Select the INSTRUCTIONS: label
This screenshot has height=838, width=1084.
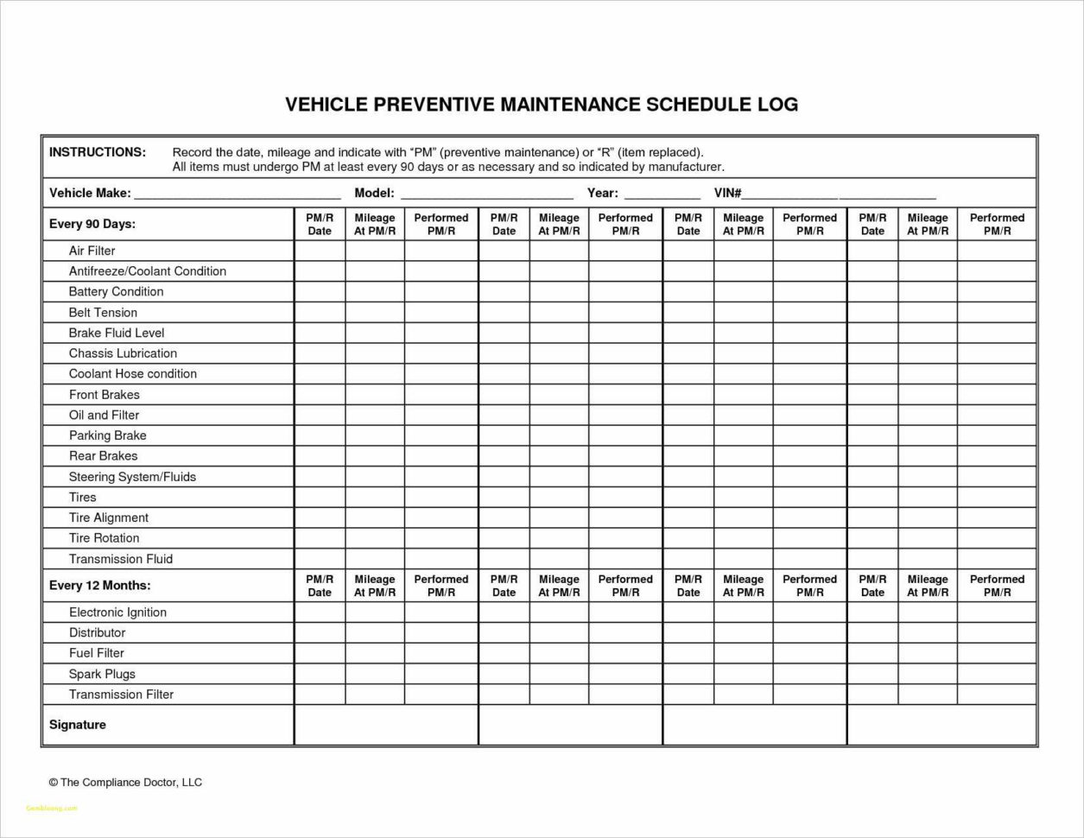98,152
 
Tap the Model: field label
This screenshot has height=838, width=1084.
374,193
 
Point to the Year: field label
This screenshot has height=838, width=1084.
602,193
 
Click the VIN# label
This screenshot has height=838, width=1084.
727,193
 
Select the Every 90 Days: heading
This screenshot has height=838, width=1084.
92,224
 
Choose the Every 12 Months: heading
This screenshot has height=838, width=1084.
99,585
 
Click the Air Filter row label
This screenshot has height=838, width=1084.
92,251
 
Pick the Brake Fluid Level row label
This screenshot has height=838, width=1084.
117,333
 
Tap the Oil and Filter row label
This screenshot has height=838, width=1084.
104,415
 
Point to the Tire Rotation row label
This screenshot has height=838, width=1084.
104,537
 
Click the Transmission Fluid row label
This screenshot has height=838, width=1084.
121,559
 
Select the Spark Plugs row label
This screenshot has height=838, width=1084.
102,674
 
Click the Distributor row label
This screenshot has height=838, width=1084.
97,632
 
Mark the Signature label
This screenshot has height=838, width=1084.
78,725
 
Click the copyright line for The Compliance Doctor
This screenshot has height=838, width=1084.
125,782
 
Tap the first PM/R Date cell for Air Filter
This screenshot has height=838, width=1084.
320,251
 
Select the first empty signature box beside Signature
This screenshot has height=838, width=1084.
386,725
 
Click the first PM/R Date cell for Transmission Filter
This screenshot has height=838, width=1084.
320,695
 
